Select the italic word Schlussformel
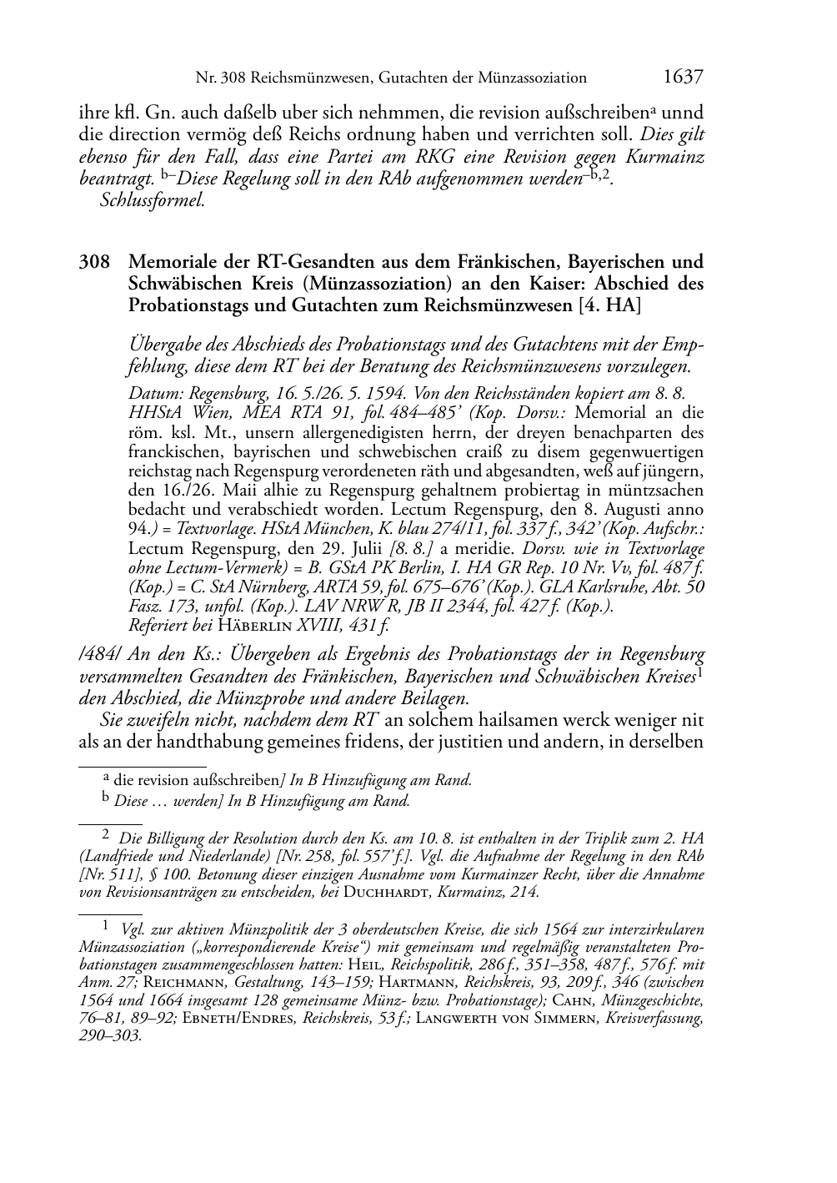click(152, 200)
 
